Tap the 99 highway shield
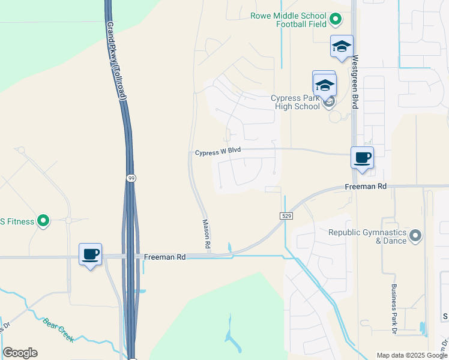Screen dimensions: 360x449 click(131, 178)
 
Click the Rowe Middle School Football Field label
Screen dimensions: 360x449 click(289, 20)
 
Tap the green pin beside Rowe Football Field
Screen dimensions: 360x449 click(336, 20)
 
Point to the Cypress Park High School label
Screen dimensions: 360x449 click(295, 102)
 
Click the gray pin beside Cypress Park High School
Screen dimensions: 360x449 click(329, 102)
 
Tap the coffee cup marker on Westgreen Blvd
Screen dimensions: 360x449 click(362, 158)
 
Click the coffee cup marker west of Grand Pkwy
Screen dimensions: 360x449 click(90, 254)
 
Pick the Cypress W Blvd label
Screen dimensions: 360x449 click(217, 153)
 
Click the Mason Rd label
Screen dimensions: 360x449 click(206, 233)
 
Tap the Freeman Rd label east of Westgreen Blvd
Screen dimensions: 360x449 click(366, 187)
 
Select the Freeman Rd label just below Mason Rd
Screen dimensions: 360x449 click(165, 257)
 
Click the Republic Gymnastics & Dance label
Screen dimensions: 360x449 click(367, 236)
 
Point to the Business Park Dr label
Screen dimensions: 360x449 click(394, 309)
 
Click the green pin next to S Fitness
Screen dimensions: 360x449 click(43, 221)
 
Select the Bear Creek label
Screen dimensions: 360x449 click(58, 329)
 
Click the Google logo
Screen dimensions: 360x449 click(20, 353)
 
